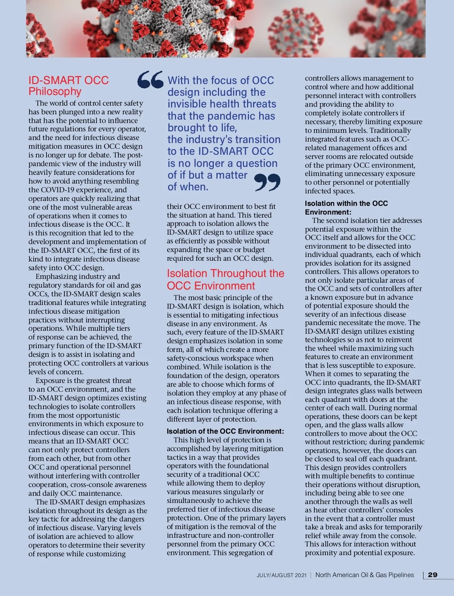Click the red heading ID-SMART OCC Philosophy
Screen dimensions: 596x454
tap(68, 86)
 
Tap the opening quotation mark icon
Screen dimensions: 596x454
tap(150, 80)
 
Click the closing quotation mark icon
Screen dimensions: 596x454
tap(267, 182)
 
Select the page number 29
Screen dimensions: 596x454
tap(432, 575)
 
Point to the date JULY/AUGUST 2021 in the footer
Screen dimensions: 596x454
tap(281, 575)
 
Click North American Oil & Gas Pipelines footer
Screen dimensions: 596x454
tap(364, 575)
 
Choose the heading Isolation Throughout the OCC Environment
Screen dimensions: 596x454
tap(225, 280)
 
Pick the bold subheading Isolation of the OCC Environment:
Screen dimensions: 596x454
tap(225, 431)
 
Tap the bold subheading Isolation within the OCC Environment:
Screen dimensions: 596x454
tap(346, 208)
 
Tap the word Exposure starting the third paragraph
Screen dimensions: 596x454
tap(52, 381)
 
